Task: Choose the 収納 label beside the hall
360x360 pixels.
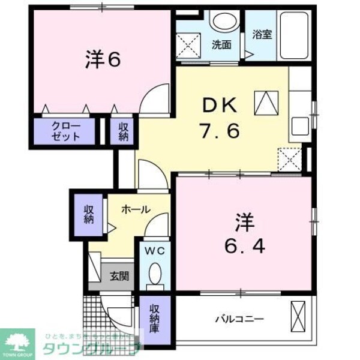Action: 89,214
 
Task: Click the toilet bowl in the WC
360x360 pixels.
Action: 155,274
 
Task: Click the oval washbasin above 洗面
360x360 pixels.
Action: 225,22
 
